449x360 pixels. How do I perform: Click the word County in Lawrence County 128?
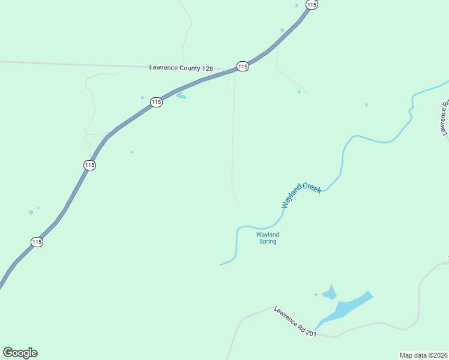(x=190, y=68)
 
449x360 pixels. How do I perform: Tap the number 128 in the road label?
(x=207, y=68)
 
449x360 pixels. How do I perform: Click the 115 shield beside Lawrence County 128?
(x=243, y=67)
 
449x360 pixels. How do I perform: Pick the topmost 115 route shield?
(x=311, y=4)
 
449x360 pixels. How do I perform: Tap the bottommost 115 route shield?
(x=37, y=242)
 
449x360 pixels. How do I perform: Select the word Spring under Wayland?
(x=268, y=241)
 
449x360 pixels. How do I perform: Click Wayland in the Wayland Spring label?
(x=268, y=235)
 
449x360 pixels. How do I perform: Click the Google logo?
(x=20, y=353)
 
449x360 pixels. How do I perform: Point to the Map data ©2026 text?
(x=423, y=355)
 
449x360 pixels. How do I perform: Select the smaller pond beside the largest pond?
(x=329, y=293)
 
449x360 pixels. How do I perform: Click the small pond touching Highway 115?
(x=181, y=96)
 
